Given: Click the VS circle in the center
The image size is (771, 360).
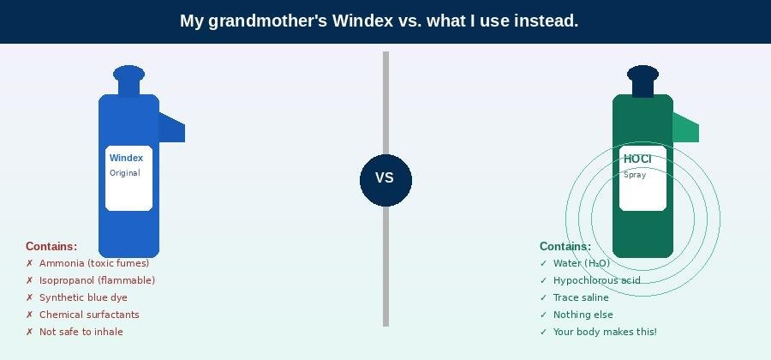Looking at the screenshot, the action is (x=385, y=180).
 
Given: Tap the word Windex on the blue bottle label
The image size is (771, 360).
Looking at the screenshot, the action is (x=127, y=158).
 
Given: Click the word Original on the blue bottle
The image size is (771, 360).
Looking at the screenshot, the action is (x=125, y=173).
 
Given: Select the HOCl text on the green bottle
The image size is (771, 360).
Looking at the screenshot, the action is (x=637, y=159).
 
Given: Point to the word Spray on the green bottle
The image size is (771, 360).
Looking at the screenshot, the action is (x=635, y=175).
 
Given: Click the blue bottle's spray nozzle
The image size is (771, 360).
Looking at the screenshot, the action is (x=171, y=128).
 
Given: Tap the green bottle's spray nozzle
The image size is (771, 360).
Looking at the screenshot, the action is (x=685, y=128).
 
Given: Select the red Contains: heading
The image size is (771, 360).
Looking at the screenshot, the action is (x=51, y=246).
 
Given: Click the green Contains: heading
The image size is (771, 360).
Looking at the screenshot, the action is (x=565, y=246).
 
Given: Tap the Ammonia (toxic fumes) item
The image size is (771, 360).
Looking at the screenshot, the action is (x=94, y=263).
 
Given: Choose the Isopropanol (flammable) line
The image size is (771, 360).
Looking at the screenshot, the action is (x=97, y=280).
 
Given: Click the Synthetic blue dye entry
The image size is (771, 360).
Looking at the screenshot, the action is (x=83, y=297).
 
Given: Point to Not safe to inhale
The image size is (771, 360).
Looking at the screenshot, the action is (x=81, y=332).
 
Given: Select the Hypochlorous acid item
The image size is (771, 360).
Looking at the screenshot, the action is (x=596, y=280).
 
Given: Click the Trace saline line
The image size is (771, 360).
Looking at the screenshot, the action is (x=581, y=297).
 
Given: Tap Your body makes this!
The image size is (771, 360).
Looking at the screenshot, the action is (x=605, y=332).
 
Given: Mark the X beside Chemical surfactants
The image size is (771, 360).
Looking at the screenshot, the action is (x=29, y=315).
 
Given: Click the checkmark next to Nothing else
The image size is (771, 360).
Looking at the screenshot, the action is (x=543, y=315).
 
